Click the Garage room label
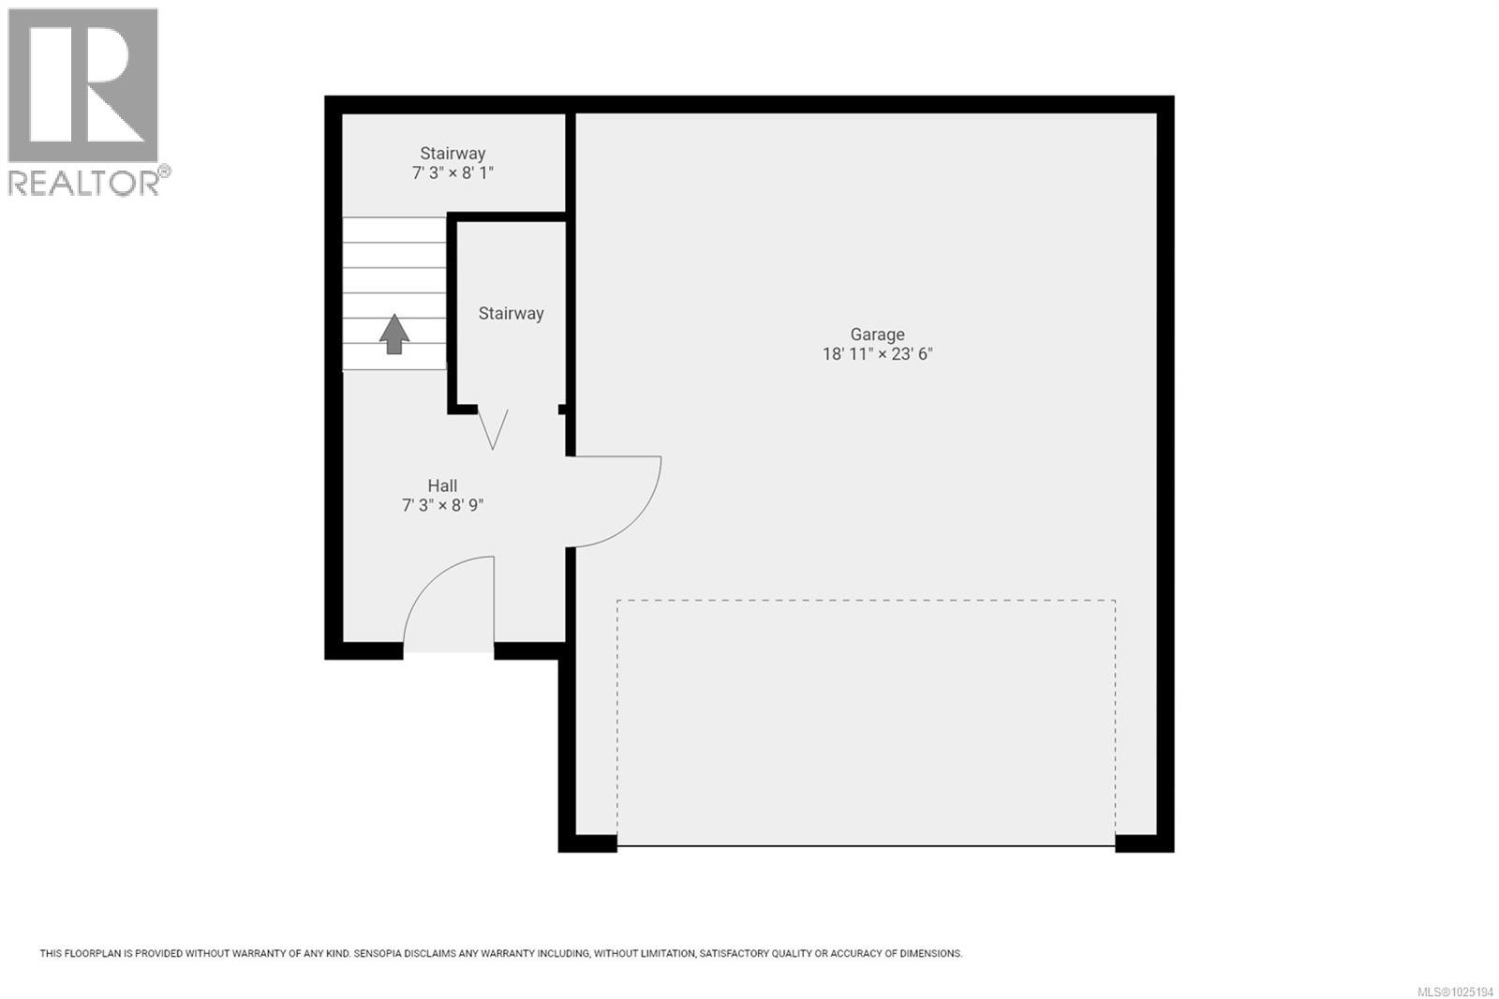pos(877,335)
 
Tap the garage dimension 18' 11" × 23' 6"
pos(877,354)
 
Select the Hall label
pos(442,485)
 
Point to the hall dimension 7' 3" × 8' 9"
pos(442,505)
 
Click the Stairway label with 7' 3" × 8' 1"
pos(453,154)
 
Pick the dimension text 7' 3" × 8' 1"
pos(453,173)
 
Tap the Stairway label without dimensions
pos(511,314)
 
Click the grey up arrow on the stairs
pos(394,334)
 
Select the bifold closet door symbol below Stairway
pos(493,427)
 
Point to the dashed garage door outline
pos(866,601)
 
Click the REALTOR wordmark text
pos(84,183)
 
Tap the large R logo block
pos(82,85)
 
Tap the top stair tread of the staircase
pos(393,230)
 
